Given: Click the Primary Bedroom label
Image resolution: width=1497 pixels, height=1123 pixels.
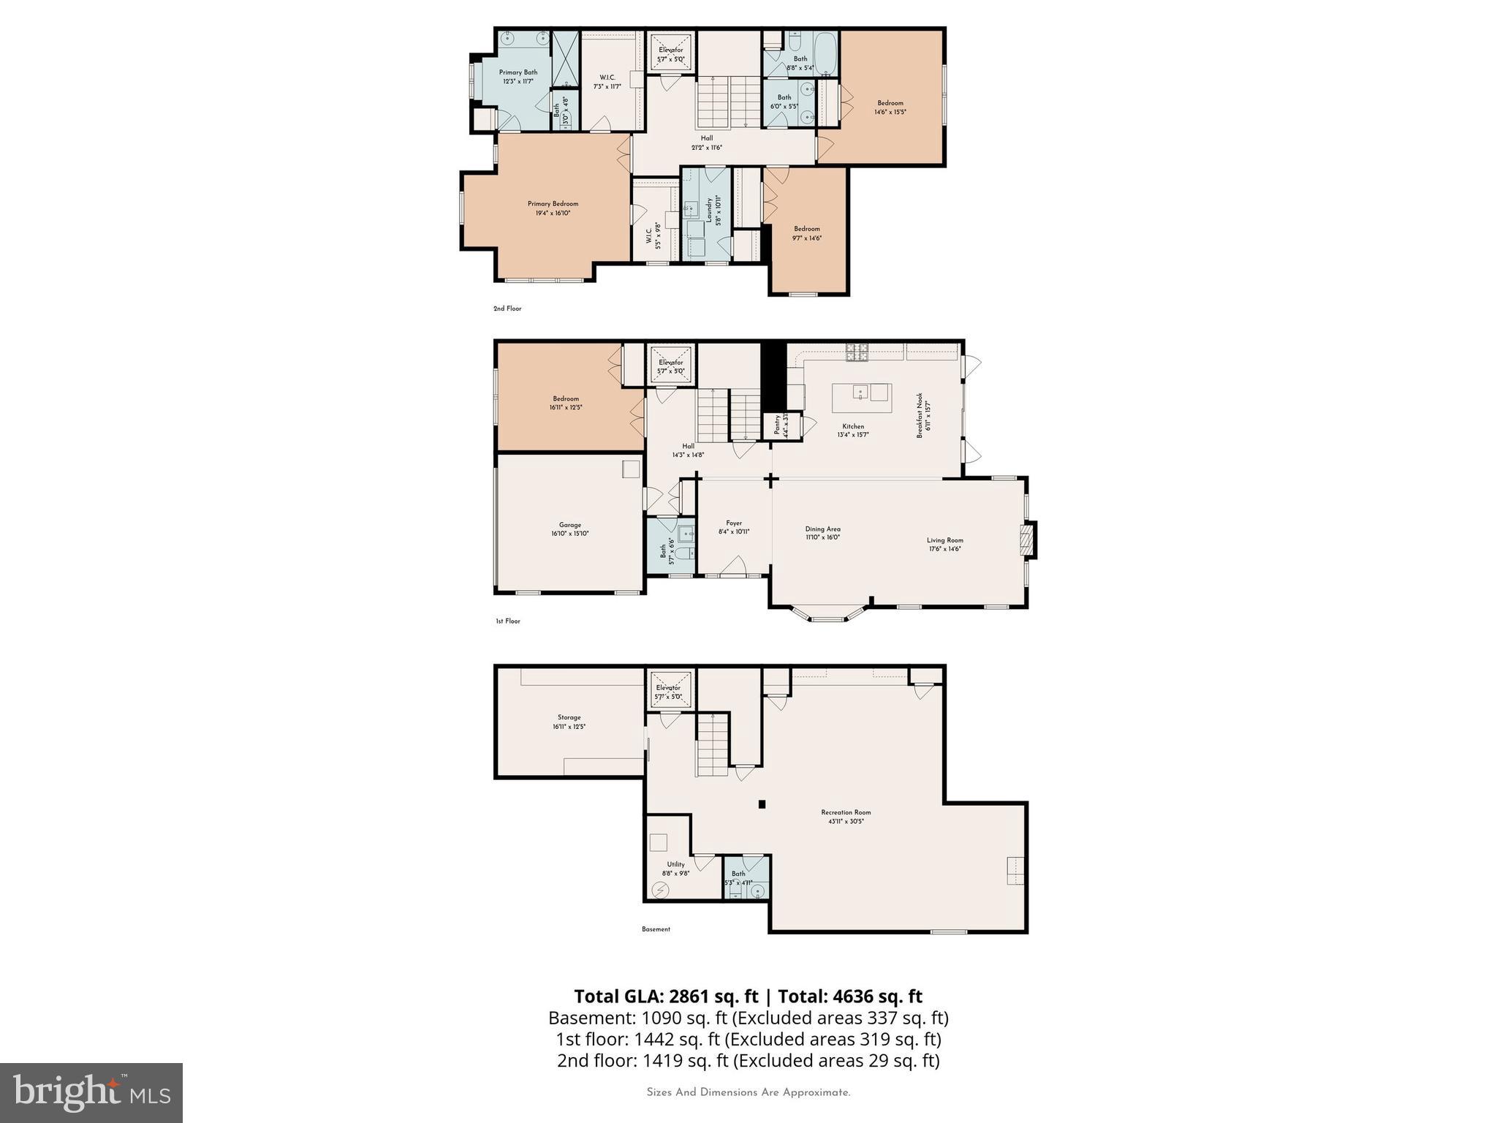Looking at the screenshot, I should (x=553, y=204).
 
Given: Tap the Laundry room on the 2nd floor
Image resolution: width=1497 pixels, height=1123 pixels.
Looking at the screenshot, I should (x=706, y=213).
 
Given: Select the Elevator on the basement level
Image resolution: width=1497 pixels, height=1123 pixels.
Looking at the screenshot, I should (x=668, y=688).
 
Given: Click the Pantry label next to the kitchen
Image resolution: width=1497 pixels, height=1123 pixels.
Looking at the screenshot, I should (x=778, y=426).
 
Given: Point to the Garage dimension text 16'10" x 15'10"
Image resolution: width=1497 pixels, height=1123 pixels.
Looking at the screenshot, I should (x=569, y=534).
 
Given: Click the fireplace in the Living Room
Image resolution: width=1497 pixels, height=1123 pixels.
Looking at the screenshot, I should (x=1027, y=540).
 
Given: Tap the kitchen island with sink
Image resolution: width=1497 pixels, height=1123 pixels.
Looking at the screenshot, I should (x=862, y=398).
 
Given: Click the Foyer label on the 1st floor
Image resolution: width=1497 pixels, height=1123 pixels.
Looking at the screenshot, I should (x=734, y=523).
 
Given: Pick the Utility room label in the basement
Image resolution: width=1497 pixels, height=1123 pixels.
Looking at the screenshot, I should (x=675, y=864).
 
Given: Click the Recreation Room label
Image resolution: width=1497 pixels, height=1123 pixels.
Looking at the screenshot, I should (x=846, y=812).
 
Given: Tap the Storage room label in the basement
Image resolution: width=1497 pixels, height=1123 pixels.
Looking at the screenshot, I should (x=569, y=717).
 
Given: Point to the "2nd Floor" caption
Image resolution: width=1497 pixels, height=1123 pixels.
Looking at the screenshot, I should (x=507, y=309).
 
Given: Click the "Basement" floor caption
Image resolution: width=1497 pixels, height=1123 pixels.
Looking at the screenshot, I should (x=656, y=929).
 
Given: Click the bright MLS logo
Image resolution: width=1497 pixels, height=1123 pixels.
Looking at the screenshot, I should (x=91, y=1092).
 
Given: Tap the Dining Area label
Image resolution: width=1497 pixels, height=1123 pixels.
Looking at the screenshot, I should (x=822, y=529).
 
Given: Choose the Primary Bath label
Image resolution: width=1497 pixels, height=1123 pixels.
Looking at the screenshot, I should (x=518, y=72).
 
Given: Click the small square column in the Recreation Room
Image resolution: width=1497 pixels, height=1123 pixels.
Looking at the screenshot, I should (x=762, y=804).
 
